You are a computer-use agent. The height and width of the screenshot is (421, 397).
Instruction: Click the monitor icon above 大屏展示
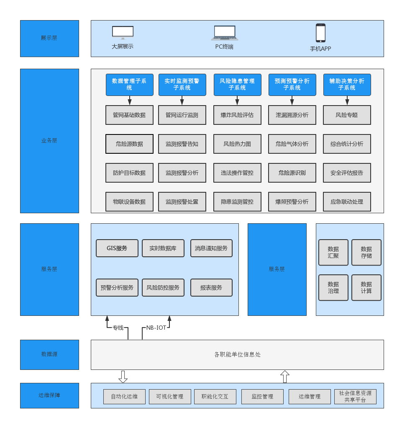pos(123,32)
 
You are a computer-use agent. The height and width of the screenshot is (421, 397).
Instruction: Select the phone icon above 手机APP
pos(320,33)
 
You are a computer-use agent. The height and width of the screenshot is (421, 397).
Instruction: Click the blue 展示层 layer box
pos(49,38)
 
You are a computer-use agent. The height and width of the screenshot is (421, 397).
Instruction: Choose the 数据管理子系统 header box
pos(129,85)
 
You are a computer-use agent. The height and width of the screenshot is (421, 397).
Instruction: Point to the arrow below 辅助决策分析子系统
pos(347,101)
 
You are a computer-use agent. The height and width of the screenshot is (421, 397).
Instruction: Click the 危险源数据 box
pos(129,144)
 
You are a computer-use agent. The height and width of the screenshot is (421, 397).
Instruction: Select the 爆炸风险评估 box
pos(237,115)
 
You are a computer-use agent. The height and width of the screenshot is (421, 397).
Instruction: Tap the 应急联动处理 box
pos(347,201)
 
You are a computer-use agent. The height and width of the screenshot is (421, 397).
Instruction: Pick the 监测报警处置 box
pos(182,201)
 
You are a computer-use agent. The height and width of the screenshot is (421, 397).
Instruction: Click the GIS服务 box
pos(117,248)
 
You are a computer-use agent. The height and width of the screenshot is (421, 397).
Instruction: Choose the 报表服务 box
pos(211,287)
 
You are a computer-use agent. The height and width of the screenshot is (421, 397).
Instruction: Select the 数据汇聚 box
pos(333,252)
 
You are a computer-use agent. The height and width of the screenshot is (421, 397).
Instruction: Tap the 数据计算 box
pos(366,287)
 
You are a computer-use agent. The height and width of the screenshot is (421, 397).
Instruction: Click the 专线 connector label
pos(118,328)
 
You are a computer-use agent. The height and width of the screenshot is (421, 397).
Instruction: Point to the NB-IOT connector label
pos(156,328)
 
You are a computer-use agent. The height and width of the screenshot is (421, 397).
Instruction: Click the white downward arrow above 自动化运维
pos(123,377)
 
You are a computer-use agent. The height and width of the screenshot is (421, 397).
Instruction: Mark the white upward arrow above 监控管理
pos(284,377)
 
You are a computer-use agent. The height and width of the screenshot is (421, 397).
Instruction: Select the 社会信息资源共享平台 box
pos(355,396)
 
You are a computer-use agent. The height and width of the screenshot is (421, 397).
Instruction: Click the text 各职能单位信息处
pos(237,354)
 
